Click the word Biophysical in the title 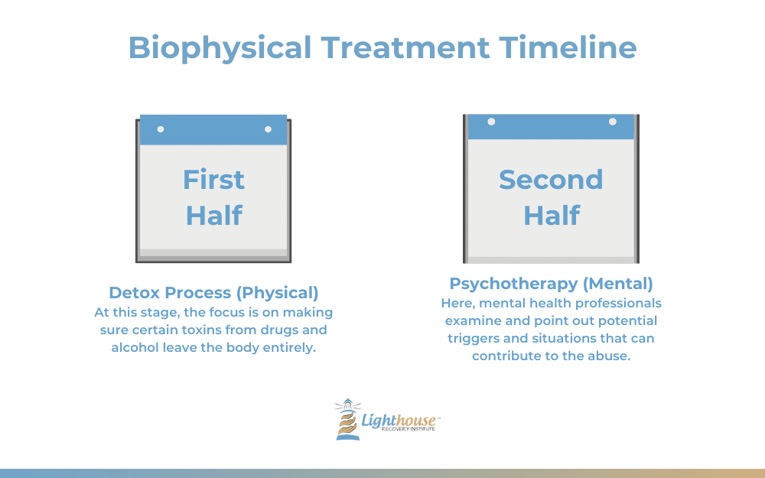[x=220, y=48]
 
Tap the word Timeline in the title [x=568, y=47]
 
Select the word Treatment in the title [x=405, y=47]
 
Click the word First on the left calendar [x=213, y=180]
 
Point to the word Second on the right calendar [x=551, y=180]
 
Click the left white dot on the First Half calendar [x=161, y=129]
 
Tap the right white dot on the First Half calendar [x=268, y=129]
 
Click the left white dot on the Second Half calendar [x=491, y=122]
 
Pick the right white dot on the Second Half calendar [x=612, y=122]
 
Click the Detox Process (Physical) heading [x=213, y=293]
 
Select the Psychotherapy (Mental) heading [x=551, y=284]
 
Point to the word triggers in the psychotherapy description [x=471, y=339]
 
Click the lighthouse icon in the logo [x=347, y=419]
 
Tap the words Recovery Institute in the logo [x=408, y=429]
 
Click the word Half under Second [x=552, y=216]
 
